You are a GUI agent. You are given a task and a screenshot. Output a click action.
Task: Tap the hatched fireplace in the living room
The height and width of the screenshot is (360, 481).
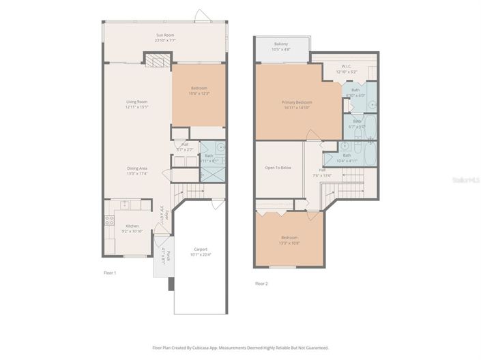(x=157, y=61)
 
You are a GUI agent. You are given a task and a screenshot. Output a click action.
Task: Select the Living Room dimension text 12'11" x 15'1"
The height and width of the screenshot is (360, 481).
(x=136, y=107)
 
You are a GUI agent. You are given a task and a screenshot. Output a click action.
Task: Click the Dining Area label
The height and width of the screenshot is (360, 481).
(x=136, y=168)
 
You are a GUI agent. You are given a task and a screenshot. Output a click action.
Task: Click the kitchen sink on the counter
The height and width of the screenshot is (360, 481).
(x=124, y=204)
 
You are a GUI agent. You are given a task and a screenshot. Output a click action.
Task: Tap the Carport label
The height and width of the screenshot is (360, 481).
(x=200, y=250)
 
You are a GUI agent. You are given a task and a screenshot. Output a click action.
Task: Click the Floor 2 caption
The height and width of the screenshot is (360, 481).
(x=261, y=283)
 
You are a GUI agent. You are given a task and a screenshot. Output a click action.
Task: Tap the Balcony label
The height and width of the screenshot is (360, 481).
(x=281, y=43)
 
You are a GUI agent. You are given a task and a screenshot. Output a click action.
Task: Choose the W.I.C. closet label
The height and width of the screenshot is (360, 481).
(x=347, y=67)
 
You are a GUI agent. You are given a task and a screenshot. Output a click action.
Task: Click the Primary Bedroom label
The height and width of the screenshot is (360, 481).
(x=296, y=102)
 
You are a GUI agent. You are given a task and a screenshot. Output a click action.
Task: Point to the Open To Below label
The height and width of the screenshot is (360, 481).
(x=278, y=167)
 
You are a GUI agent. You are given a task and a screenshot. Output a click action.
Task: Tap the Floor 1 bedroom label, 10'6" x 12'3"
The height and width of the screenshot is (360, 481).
(x=199, y=89)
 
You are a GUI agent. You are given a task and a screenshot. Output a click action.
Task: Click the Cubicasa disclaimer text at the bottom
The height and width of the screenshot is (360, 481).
(x=240, y=348)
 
